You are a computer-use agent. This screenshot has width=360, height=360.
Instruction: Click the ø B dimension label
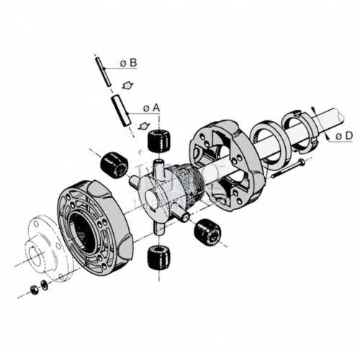click(x=128, y=63)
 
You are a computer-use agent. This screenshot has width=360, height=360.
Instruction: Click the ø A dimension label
click(x=151, y=108)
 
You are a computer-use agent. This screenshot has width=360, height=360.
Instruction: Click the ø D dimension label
click(x=344, y=136)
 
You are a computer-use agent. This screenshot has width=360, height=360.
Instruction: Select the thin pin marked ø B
click(x=103, y=71)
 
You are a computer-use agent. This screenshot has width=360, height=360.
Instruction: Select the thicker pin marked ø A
click(x=121, y=110)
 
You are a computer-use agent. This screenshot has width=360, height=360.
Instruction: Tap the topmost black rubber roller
click(x=158, y=141)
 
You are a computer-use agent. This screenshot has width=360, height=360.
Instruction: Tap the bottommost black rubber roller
click(x=158, y=257)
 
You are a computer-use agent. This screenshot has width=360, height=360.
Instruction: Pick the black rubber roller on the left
click(x=114, y=165)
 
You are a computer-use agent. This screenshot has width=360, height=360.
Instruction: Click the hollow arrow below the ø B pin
click(x=127, y=85)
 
